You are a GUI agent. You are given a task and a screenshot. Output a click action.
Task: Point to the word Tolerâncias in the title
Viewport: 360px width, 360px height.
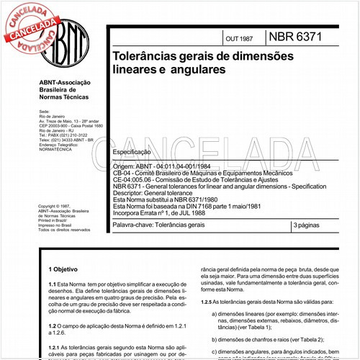click(140, 55)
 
